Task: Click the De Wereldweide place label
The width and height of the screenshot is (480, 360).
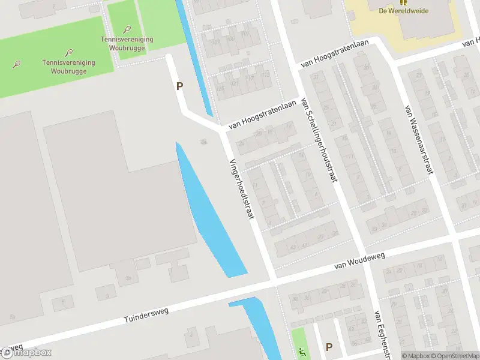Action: pos(403,11)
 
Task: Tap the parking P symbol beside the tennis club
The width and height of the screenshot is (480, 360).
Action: pos(179,86)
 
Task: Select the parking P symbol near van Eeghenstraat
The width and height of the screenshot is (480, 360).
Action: pos(328,347)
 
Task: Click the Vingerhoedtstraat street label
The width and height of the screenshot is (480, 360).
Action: pos(241,188)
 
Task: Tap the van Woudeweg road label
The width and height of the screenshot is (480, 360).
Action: pos(359,260)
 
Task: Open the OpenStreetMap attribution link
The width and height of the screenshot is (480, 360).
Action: pos(454,356)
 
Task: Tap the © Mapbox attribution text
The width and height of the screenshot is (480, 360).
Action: pos(416,356)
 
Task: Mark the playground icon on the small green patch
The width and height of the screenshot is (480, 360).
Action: pos(301,350)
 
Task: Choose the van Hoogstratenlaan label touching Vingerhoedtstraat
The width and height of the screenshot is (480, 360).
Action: pos(263,115)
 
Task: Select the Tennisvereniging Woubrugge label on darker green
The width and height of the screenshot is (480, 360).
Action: pos(64,67)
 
